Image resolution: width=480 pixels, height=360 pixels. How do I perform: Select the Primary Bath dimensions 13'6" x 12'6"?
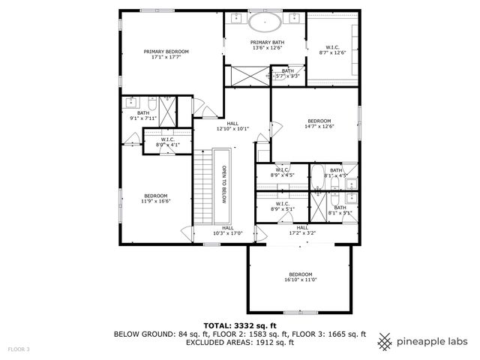click(266, 48)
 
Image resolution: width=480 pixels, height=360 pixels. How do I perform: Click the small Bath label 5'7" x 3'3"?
click(287, 73)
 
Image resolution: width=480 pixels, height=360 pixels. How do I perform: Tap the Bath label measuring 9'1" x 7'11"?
click(142, 115)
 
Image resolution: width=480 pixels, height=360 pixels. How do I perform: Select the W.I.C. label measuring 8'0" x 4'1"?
click(168, 142)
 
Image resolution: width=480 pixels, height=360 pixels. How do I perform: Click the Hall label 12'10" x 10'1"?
click(232, 126)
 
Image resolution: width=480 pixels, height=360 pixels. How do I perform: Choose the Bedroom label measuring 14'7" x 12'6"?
click(319, 123)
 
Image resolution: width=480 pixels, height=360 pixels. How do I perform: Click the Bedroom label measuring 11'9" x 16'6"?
click(156, 198)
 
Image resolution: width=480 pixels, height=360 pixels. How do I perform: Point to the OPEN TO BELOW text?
click(223, 184)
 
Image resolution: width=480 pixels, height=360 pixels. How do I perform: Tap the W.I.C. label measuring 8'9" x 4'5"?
click(282, 172)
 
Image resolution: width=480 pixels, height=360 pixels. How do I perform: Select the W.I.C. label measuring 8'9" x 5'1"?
click(282, 205)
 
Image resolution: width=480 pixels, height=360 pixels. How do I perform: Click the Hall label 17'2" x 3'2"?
click(302, 229)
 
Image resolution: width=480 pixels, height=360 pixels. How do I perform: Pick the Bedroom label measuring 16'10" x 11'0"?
click(300, 277)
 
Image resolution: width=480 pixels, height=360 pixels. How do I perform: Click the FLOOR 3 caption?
click(19, 349)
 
